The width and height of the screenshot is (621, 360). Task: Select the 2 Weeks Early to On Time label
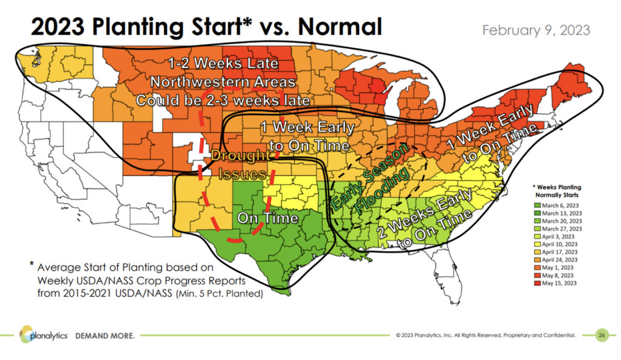425,224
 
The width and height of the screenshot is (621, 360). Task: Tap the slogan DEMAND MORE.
104,335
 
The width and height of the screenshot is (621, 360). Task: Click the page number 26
601,335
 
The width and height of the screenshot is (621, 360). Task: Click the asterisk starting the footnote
32,264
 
